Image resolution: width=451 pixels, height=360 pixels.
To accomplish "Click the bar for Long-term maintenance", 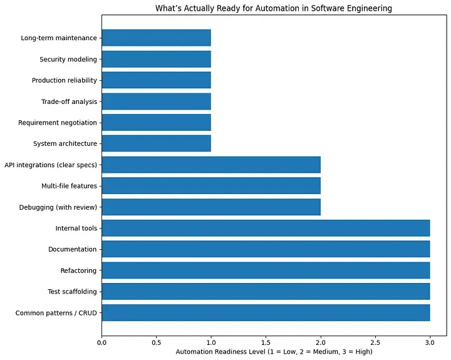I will (x=156, y=38).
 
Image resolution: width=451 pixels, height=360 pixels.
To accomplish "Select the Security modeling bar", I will (x=156, y=59).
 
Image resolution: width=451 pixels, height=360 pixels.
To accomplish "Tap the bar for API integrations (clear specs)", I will (x=211, y=165).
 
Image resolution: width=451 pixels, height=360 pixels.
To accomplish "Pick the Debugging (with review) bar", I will (x=211, y=207).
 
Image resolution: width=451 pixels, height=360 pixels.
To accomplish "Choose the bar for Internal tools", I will (x=266, y=228).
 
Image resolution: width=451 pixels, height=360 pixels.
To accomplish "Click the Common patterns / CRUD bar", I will (x=266, y=312).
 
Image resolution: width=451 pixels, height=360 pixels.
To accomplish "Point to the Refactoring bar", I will (x=266, y=270).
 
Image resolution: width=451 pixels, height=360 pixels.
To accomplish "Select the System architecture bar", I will (x=156, y=143).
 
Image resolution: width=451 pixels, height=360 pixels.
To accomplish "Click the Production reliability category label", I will (x=65, y=81).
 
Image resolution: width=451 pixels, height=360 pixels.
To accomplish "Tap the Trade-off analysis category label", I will (x=69, y=101).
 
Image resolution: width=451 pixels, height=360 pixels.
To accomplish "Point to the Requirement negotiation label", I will (x=58, y=123).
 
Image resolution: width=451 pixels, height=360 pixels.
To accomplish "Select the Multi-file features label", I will (x=66, y=186).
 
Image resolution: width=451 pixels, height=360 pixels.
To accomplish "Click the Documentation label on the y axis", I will (x=72, y=249).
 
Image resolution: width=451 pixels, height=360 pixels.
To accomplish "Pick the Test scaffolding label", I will (x=72, y=292).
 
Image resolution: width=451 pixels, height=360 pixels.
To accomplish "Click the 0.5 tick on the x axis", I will (x=156, y=342).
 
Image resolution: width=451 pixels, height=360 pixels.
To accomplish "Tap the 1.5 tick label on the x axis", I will (x=266, y=342).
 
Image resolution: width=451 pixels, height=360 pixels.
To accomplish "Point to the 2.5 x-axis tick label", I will (x=375, y=342).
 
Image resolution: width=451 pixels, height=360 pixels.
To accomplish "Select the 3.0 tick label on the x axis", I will (x=430, y=342).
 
